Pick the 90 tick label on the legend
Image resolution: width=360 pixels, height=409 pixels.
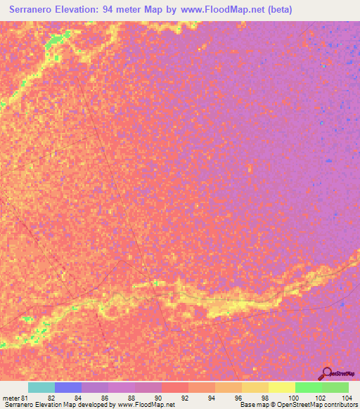click(158, 398)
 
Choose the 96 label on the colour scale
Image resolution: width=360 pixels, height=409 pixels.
click(239, 398)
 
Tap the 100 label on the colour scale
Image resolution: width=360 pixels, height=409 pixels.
click(292, 398)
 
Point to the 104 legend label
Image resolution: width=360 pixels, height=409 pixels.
click(345, 398)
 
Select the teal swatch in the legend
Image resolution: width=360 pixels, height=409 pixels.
click(41, 387)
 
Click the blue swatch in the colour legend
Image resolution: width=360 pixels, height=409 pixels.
click(68, 387)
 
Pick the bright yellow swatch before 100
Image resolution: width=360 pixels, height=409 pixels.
click(282, 387)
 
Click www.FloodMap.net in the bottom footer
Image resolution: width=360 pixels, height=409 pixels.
click(146, 405)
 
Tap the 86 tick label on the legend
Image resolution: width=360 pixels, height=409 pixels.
click(105, 398)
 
